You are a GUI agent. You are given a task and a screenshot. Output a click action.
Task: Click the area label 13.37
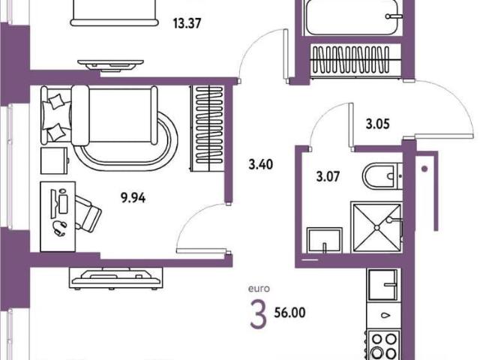(x=187, y=23)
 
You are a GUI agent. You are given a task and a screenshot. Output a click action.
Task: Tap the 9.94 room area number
(x=133, y=198)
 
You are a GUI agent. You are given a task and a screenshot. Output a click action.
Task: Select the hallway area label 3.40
(x=260, y=165)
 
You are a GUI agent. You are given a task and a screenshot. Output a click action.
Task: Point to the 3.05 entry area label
(x=378, y=124)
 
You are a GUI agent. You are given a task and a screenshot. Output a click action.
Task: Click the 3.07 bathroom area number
(x=328, y=177)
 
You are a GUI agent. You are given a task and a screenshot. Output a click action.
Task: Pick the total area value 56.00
(x=289, y=313)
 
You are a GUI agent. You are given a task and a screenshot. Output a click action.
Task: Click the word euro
(x=259, y=289)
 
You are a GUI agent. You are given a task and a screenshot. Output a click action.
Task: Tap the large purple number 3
(x=258, y=314)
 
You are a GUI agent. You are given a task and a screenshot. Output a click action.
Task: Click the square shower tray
(x=376, y=227)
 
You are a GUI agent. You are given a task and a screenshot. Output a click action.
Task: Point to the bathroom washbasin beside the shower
(x=325, y=241)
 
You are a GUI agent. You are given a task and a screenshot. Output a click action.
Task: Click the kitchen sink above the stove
(x=383, y=285)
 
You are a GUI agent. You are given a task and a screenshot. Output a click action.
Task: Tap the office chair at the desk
(x=88, y=213)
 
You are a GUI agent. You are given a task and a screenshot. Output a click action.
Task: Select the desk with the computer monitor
(x=58, y=217)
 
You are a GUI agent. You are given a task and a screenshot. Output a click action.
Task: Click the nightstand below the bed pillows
(x=54, y=160)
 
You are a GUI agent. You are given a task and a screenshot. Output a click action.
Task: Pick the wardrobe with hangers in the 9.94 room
(x=208, y=128)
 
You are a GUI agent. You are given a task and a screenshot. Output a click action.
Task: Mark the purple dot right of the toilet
(x=424, y=169)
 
